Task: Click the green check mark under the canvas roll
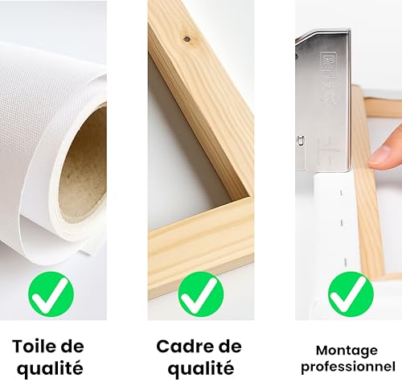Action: coord(51,294)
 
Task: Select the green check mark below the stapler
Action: coord(351,294)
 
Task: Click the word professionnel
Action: coord(348,367)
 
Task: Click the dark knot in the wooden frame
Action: coord(187,37)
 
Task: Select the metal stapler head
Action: coord(326,96)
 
